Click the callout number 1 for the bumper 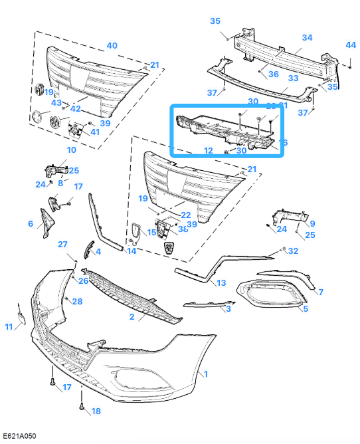[206, 375]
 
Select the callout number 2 [132, 318]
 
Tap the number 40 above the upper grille [112, 46]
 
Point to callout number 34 [307, 37]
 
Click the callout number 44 [351, 45]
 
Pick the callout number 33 [293, 78]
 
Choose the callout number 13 [221, 282]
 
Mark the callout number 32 [293, 251]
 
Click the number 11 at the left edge [9, 326]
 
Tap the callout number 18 [96, 411]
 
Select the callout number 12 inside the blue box [208, 150]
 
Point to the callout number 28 [77, 302]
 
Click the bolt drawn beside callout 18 [81, 405]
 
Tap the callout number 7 [320, 292]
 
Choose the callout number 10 [71, 150]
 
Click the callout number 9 [312, 223]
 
